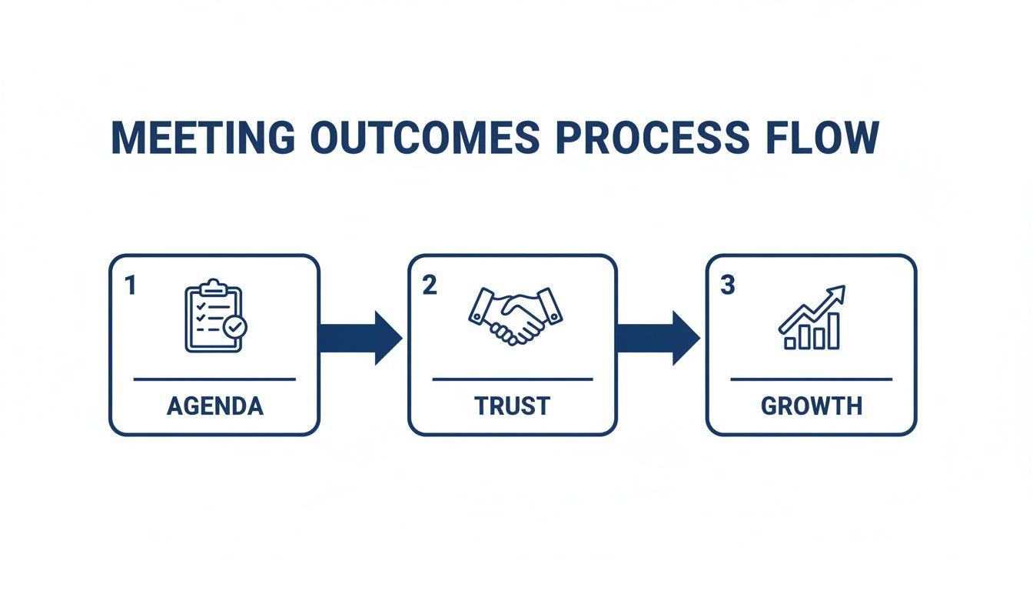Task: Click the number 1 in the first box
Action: [131, 286]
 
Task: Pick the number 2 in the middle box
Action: [429, 286]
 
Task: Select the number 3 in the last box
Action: [727, 286]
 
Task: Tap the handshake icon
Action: [514, 316]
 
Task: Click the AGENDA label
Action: [214, 406]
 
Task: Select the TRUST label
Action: [512, 406]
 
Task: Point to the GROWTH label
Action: [811, 406]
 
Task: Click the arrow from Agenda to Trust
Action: [360, 338]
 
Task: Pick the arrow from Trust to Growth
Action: [658, 338]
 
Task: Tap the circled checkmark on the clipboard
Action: [234, 327]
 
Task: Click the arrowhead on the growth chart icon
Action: [839, 292]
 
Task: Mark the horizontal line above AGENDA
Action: [214, 379]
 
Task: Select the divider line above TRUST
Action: [512, 379]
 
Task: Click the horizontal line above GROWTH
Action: [811, 379]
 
